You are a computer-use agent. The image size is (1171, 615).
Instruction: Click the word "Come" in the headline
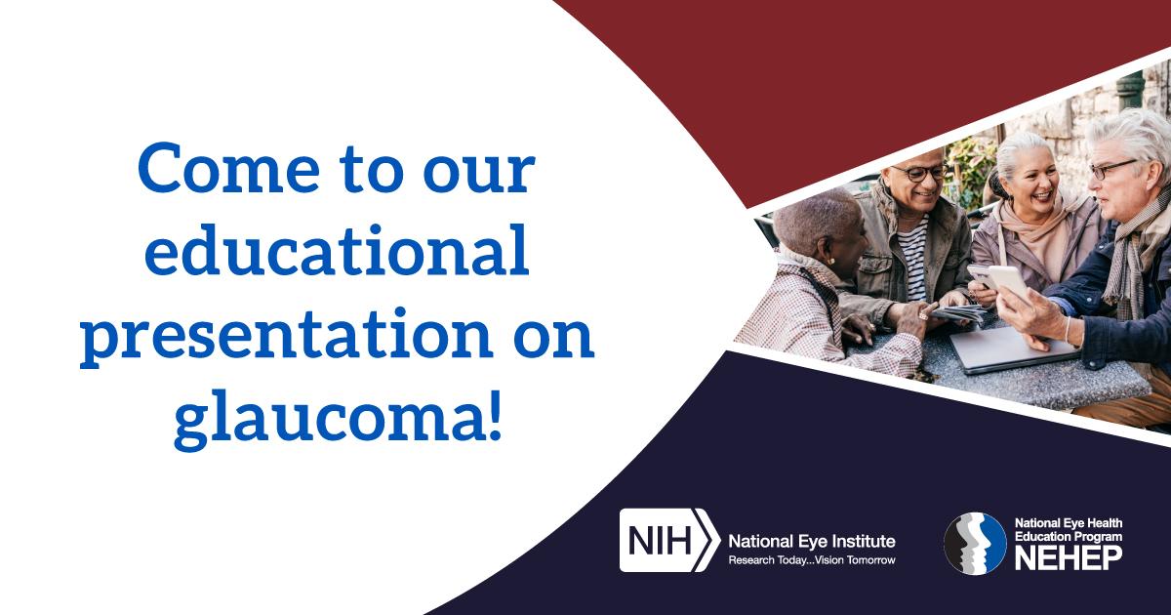pyautogui.click(x=228, y=168)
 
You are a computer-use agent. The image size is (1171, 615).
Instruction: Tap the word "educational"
pyautogui.click(x=337, y=249)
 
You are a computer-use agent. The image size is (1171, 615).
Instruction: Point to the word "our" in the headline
pyautogui.click(x=479, y=173)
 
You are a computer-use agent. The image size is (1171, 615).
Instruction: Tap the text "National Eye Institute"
pyautogui.click(x=812, y=541)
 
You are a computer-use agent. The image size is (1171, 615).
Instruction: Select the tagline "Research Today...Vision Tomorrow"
pyautogui.click(x=812, y=560)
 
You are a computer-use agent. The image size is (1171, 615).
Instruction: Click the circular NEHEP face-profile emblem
pyautogui.click(x=975, y=544)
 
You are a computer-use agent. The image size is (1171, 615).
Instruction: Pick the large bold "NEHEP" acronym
pyautogui.click(x=1068, y=557)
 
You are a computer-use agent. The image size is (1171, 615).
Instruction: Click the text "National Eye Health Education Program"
pyautogui.click(x=1068, y=529)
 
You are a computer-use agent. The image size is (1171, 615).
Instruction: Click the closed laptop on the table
pyautogui.click(x=1013, y=349)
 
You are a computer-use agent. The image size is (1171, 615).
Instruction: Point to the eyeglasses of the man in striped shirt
pyautogui.click(x=920, y=173)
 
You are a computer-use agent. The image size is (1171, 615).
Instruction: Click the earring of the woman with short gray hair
pyautogui.click(x=829, y=261)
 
